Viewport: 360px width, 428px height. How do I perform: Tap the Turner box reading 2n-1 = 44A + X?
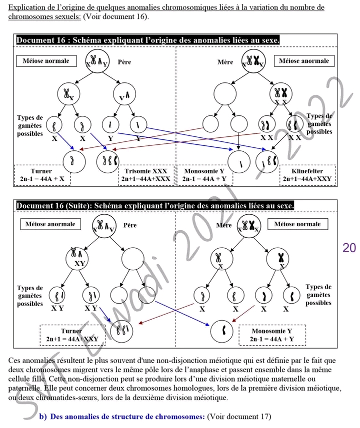41,175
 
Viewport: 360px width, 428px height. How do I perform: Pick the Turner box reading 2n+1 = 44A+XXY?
72,335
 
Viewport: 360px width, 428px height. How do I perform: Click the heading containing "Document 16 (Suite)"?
155,206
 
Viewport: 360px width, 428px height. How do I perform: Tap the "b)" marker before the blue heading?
43,417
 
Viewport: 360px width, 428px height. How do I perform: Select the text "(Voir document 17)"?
239,417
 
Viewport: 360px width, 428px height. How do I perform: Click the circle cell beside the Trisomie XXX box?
106,161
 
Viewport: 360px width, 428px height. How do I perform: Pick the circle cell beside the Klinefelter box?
266,162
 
